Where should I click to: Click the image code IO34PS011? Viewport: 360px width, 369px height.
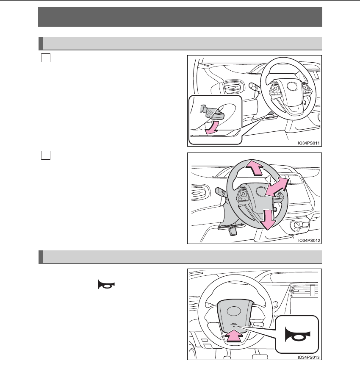(x=308, y=143)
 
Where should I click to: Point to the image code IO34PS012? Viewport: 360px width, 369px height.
(x=308, y=240)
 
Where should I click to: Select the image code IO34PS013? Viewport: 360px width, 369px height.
(x=308, y=357)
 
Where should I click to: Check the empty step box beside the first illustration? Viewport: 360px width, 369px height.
(x=46, y=58)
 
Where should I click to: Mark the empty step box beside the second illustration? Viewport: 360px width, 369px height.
(x=46, y=155)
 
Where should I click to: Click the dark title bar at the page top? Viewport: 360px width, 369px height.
(x=180, y=17)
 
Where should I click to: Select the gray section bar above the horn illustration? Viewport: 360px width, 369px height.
(x=180, y=257)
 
